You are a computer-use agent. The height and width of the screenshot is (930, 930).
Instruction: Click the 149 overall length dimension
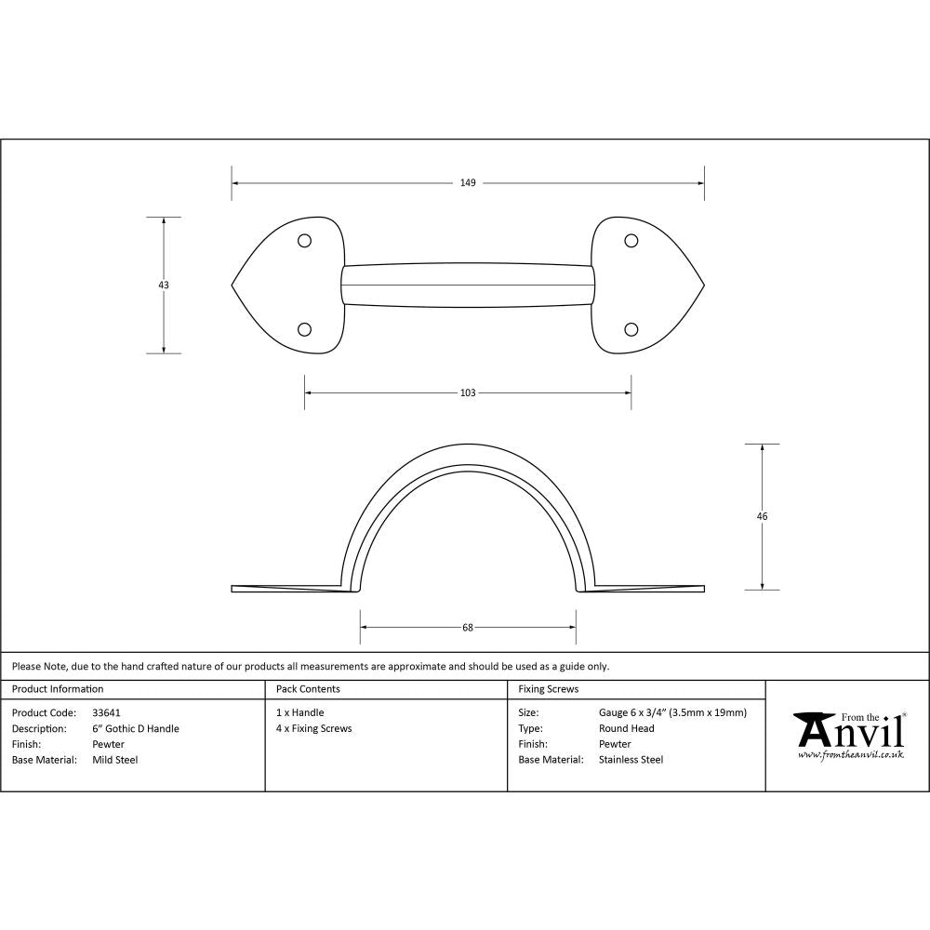[468, 183]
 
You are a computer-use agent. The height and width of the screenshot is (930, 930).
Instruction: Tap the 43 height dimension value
[164, 286]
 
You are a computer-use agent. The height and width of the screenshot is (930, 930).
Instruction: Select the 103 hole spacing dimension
[468, 393]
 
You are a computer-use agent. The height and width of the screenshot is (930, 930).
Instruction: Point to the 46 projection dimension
[763, 516]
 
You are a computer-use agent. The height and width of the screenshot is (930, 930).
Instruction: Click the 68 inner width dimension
[468, 628]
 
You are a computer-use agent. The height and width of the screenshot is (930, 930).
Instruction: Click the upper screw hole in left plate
[304, 241]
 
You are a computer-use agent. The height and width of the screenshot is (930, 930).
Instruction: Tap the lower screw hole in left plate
[304, 329]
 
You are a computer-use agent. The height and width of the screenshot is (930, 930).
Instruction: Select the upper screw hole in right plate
[631, 241]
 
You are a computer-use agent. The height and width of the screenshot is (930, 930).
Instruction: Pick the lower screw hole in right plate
[631, 329]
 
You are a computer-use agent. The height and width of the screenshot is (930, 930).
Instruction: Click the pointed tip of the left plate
[232, 285]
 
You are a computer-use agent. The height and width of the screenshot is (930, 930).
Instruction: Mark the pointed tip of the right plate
[703, 285]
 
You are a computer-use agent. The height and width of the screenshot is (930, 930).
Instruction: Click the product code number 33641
[107, 713]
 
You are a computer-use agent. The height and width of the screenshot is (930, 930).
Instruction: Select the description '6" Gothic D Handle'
[136, 729]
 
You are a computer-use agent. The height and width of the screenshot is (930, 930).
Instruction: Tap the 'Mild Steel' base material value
[115, 760]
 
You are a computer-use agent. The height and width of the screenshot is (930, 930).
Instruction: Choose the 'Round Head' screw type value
[627, 729]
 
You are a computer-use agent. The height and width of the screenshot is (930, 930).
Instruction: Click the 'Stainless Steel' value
[631, 760]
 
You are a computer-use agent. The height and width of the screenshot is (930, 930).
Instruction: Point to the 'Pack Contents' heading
[308, 689]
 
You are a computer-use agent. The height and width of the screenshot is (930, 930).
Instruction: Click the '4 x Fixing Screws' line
[313, 729]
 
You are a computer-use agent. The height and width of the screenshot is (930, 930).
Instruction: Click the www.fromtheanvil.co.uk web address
[850, 755]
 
